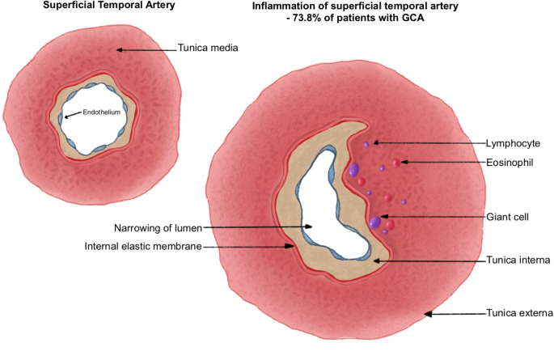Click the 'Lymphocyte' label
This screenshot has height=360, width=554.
(513, 142)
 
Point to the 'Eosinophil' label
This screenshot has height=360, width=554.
(512, 163)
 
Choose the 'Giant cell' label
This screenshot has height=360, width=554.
(508, 217)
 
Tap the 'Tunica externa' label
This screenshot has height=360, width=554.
(518, 313)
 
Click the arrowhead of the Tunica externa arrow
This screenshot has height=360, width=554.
(429, 313)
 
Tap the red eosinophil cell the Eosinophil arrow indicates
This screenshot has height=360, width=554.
(395, 163)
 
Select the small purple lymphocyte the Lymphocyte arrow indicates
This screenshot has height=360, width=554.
(366, 145)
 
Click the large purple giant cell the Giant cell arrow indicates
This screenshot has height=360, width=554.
(374, 221)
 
